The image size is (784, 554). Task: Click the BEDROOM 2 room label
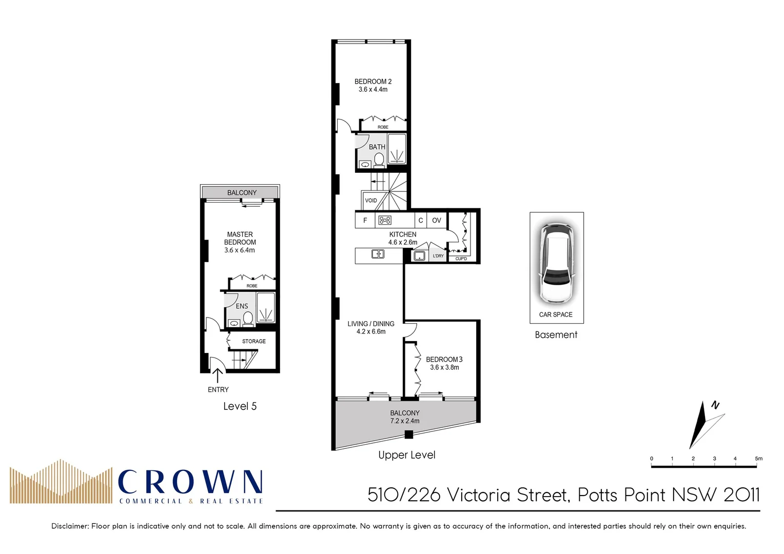(x=373, y=82)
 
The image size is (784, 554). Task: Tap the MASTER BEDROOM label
(x=240, y=238)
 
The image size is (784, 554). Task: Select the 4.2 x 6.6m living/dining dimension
(x=371, y=332)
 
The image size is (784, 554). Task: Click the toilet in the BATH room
(x=379, y=161)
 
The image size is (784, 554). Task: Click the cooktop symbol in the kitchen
(x=384, y=221)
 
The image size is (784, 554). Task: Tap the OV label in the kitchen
(x=436, y=221)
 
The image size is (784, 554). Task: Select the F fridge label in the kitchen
(x=365, y=221)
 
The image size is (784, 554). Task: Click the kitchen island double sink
(x=378, y=254)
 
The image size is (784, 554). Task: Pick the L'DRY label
(x=438, y=255)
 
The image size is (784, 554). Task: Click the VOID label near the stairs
(x=370, y=201)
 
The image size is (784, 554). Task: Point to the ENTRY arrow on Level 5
(x=218, y=375)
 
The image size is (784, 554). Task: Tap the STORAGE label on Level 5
(x=253, y=341)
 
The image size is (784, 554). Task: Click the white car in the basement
(x=556, y=263)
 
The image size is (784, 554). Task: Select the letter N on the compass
(x=715, y=405)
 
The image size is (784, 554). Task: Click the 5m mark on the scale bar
(x=758, y=459)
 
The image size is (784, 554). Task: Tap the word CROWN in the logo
(x=190, y=483)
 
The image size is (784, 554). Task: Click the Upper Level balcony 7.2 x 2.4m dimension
(x=404, y=421)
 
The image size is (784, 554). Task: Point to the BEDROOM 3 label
(x=444, y=360)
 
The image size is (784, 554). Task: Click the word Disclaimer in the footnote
(x=70, y=526)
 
